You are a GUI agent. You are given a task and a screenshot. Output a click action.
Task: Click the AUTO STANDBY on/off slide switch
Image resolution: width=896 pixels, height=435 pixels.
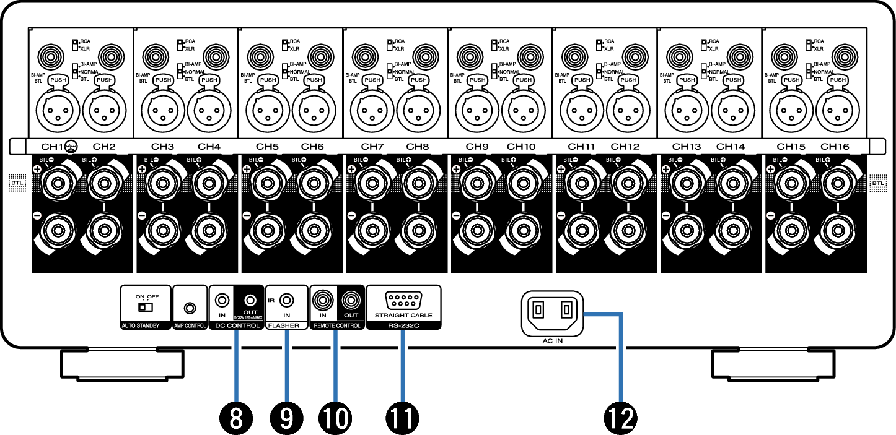coord(144,307)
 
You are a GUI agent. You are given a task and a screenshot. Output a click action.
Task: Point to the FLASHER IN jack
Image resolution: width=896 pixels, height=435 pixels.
coord(286,300)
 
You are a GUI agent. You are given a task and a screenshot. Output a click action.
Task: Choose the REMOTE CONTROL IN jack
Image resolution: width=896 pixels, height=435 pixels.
coord(322,300)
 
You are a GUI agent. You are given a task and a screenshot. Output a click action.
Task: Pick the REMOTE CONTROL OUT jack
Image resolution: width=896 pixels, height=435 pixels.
coord(350,300)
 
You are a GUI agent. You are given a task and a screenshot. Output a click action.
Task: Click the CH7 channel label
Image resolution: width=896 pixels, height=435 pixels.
coord(372,147)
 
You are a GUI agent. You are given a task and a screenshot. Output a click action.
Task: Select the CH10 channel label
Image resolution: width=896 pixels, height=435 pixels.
coord(520,147)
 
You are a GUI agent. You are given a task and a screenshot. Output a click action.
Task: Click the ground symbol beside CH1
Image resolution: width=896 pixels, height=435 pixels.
coord(71,147)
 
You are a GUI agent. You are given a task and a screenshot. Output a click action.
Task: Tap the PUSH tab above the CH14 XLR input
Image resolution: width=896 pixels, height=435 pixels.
coord(733,80)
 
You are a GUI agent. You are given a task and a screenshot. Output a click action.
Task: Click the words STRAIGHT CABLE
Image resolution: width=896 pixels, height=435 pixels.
coord(403,315)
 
